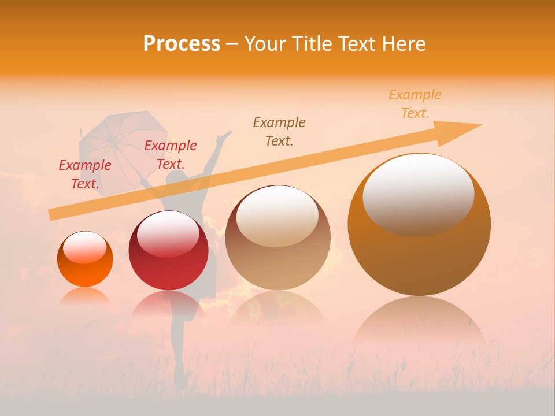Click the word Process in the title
pos(182,44)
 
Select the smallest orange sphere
pos(85,259)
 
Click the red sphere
pos(168,251)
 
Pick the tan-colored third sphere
pos(277,237)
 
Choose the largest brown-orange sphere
pos(419,225)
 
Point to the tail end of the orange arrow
pos(52,214)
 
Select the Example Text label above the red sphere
pos(171,155)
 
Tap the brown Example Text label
pos(279,131)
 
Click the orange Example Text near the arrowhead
pos(415,104)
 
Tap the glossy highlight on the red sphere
pos(168,234)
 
